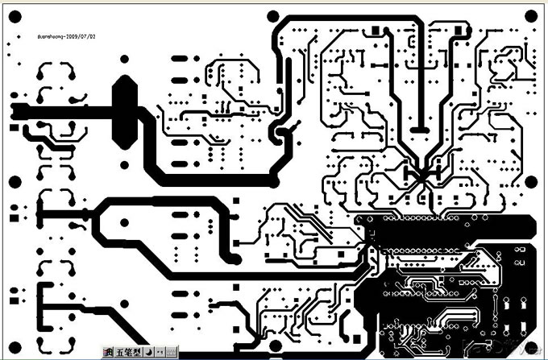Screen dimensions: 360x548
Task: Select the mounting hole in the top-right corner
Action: (529, 16)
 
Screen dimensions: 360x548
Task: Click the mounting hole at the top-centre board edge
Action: (273, 16)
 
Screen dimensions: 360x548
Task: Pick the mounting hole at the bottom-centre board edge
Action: (276, 346)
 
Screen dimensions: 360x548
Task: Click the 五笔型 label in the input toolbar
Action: (128, 352)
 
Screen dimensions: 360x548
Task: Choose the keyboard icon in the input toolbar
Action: (171, 352)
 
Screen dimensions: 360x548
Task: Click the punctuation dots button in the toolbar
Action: (160, 352)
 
